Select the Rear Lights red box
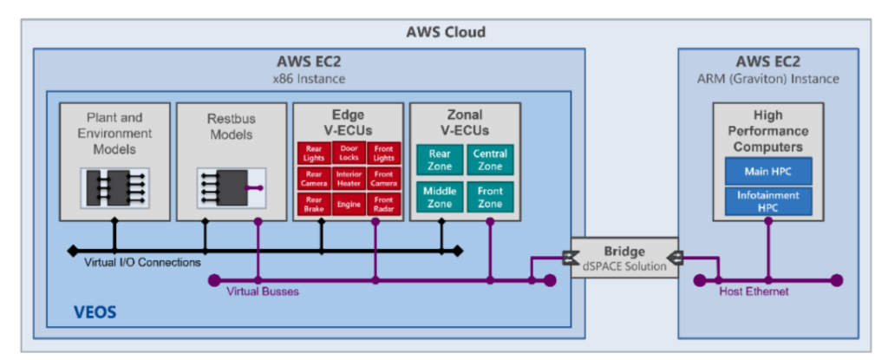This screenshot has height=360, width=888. coord(312,154)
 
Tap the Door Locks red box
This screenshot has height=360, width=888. coord(349,154)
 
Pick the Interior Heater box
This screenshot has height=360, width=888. coord(349,179)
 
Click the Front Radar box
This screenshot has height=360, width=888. coord(385,204)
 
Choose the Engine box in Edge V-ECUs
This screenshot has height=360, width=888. coord(349,204)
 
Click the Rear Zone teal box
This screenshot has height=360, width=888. coord(440,160)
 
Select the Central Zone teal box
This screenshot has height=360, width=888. coord(490,160)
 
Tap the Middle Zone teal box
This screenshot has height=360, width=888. coord(440,196)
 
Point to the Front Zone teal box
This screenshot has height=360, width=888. coord(490,196)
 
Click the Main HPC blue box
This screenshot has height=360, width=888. coord(767,171)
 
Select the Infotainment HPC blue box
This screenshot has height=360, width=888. coord(767,201)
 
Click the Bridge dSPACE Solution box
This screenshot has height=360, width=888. coord(623,259)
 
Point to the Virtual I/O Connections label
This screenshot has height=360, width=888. coord(142,262)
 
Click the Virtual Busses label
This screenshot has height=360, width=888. coord(262,291)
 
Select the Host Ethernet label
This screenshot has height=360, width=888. coord(754,291)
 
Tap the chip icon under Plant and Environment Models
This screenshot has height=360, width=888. coord(114,187)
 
